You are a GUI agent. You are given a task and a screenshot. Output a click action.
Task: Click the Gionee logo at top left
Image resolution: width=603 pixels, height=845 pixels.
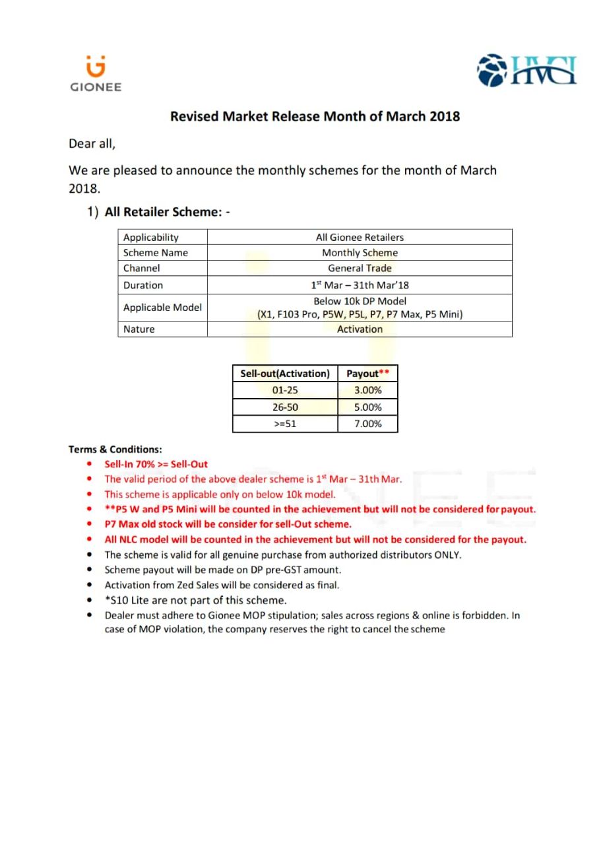coord(96,73)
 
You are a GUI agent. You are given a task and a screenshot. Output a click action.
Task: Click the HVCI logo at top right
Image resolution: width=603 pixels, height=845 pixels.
coord(526,71)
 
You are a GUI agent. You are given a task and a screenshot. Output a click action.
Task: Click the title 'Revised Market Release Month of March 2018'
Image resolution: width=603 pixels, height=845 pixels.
coord(315,117)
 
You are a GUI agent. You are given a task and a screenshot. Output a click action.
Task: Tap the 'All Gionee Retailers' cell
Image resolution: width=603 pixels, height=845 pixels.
coord(360,237)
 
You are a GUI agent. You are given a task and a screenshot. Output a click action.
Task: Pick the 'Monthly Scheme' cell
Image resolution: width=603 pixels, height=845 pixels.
coord(360,253)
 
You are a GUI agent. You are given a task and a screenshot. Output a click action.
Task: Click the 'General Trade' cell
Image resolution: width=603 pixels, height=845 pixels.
coord(360,268)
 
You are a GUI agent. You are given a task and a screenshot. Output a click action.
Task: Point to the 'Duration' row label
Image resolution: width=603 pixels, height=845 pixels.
coord(143,285)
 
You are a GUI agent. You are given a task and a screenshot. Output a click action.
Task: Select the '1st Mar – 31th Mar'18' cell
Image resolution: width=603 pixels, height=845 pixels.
coord(360,285)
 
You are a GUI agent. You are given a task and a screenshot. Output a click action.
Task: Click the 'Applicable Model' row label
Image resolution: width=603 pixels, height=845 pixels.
coord(162,308)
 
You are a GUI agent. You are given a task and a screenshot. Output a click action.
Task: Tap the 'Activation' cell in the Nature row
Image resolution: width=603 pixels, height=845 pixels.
coord(360,329)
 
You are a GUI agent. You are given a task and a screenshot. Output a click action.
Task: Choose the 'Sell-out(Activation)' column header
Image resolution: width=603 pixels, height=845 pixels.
coord(285,374)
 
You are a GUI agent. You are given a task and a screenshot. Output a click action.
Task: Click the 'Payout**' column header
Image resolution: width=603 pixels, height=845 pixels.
coord(367,374)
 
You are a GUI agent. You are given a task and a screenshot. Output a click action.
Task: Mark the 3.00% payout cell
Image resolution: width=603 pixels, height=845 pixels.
coord(367,390)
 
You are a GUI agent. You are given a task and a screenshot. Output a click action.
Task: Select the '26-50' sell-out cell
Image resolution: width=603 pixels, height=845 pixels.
coord(285,407)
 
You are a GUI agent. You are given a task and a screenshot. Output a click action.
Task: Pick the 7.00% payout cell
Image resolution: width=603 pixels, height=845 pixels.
coord(367,424)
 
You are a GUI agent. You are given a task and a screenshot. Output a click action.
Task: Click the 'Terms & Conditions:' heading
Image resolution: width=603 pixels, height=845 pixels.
coord(115,450)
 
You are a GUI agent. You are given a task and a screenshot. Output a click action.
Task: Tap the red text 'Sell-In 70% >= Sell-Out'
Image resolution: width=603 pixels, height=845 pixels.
coord(156,464)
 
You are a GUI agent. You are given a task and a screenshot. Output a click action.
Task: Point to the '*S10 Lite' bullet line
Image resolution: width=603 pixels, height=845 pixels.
coord(195,600)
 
